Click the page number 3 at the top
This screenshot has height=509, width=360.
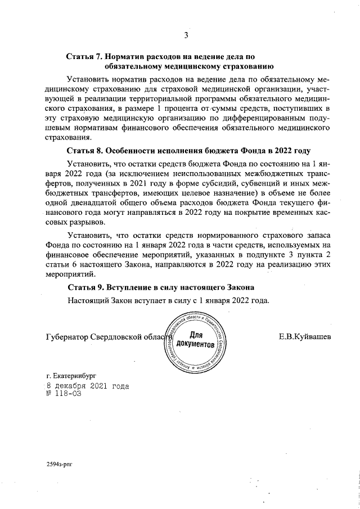(x=186, y=35)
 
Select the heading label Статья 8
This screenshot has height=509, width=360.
(x=84, y=151)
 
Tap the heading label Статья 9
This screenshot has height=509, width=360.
(x=84, y=287)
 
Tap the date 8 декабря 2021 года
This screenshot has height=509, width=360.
(x=88, y=386)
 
